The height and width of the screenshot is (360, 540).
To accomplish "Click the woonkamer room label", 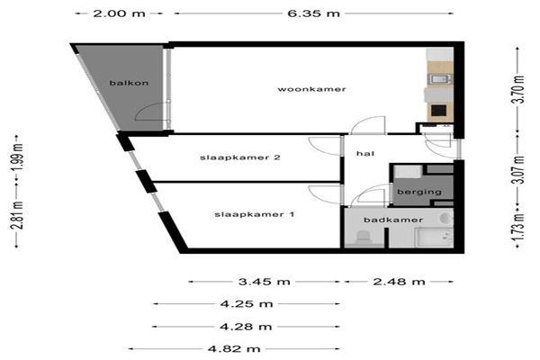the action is click(x=311, y=89).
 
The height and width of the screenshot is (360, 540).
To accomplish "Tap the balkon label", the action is click(x=129, y=83).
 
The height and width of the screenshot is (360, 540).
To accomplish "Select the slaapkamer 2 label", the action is click(x=240, y=157).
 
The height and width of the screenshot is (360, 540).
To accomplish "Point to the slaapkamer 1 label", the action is click(x=255, y=214).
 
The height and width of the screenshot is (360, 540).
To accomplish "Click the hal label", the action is click(x=365, y=153).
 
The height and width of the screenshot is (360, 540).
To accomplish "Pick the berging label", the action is click(x=419, y=192).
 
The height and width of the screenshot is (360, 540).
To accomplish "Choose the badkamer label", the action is click(x=393, y=220).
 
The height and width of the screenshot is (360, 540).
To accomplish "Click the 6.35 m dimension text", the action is click(x=314, y=13).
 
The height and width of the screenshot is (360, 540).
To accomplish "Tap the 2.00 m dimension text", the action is click(x=119, y=13).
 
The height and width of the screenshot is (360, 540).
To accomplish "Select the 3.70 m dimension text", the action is click(x=519, y=90).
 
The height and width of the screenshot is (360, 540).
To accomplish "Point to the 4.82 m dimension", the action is click(x=234, y=349).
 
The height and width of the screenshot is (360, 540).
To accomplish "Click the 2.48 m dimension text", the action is click(x=399, y=282).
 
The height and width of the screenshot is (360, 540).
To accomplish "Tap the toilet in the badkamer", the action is click(x=363, y=238).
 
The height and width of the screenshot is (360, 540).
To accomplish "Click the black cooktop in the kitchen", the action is click(x=439, y=111).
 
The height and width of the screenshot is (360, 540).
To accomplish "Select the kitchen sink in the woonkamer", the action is click(x=440, y=79).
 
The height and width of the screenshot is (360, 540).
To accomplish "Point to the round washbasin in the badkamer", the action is click(x=446, y=219).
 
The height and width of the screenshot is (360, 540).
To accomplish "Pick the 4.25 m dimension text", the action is click(x=247, y=304).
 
